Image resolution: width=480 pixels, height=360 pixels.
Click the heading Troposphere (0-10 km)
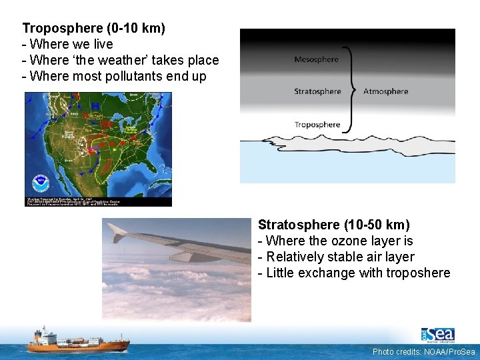(x=93, y=29)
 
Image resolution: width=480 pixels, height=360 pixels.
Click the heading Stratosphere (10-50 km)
(x=333, y=225)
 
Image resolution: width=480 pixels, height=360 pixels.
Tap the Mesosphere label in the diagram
(x=316, y=59)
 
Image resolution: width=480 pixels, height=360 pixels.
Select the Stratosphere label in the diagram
(x=317, y=91)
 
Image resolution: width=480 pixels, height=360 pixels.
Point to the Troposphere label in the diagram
(x=317, y=125)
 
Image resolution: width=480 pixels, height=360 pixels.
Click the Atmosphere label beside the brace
(x=385, y=91)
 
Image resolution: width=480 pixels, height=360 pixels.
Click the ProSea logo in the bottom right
(x=437, y=334)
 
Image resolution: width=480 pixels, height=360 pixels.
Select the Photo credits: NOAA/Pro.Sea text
(x=423, y=351)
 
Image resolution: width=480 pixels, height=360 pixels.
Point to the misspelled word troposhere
(x=419, y=273)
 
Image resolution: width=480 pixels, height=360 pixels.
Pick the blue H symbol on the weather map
(x=97, y=105)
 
